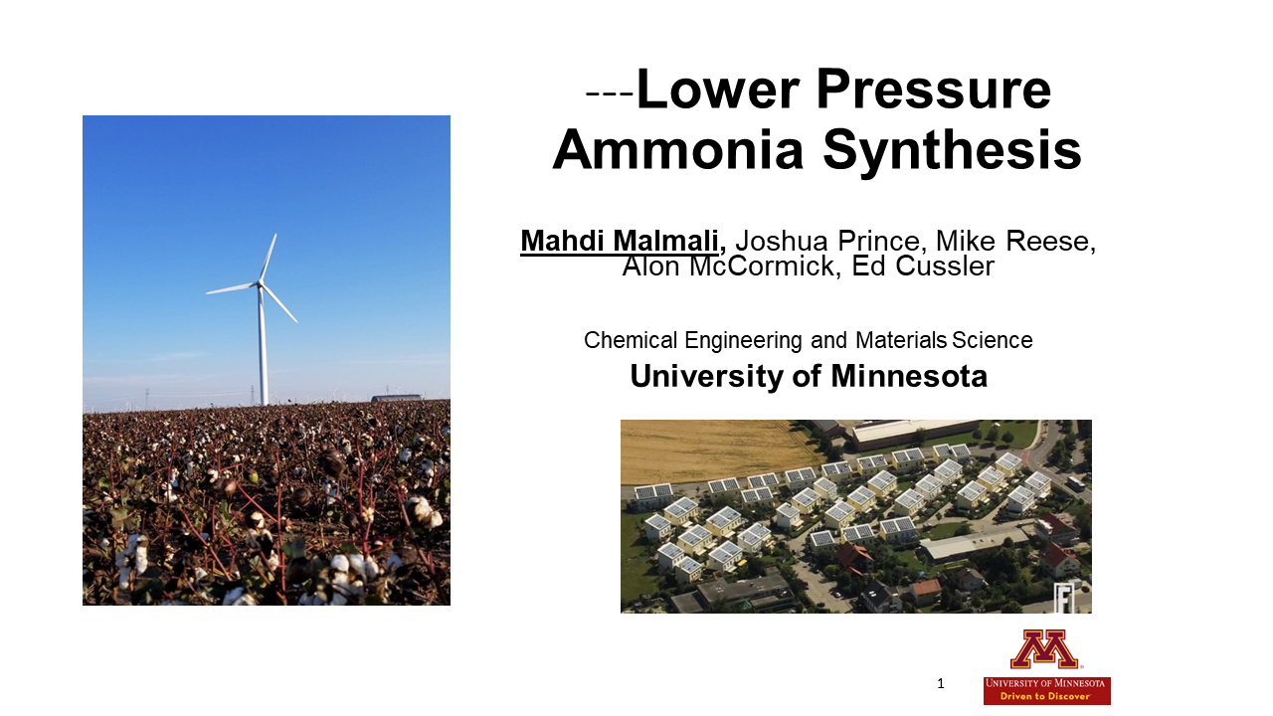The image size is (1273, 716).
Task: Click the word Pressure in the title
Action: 934,90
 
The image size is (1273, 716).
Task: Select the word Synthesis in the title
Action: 952,151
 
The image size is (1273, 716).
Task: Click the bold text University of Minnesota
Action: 809,377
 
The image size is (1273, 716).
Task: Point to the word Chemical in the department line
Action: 631,340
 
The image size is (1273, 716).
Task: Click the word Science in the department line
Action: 992,340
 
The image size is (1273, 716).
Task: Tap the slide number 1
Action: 941,683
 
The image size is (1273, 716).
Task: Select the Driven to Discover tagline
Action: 1046,697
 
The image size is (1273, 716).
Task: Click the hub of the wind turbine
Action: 260,284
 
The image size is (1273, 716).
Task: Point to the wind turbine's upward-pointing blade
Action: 269,258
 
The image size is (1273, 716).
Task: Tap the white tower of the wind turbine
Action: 263,348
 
